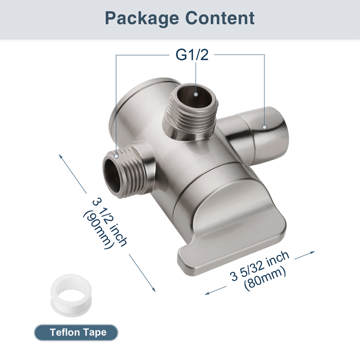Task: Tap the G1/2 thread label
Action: click(191, 54)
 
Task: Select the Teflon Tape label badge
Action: click(77, 332)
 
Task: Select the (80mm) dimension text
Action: click(265, 278)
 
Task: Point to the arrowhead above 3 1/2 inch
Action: click(61, 155)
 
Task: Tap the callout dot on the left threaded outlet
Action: click(116, 155)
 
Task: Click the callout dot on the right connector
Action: click(264, 127)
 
